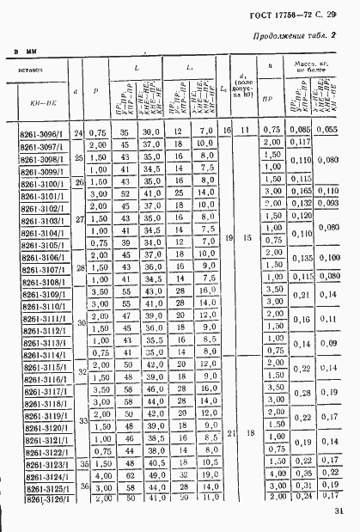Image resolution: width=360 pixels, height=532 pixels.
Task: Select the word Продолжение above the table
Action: pyautogui.click(x=274, y=37)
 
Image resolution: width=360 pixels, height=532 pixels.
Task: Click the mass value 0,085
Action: pyautogui.click(x=299, y=129)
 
